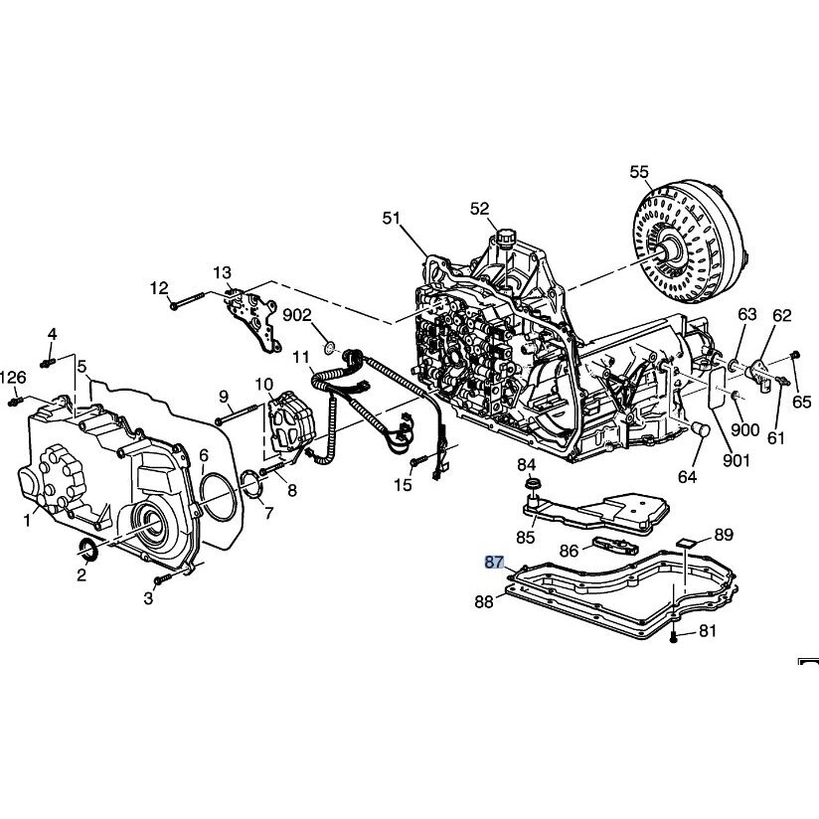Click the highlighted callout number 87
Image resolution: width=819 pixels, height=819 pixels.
click(x=494, y=563)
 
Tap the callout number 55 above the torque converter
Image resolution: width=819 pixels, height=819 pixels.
click(x=639, y=172)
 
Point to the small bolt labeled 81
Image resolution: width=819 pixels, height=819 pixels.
click(x=673, y=637)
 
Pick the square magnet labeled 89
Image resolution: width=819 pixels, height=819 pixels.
click(x=688, y=544)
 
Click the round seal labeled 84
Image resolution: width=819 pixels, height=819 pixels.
click(x=532, y=483)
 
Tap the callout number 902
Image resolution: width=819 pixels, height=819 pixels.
click(x=297, y=315)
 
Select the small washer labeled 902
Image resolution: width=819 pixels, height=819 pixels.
click(x=330, y=347)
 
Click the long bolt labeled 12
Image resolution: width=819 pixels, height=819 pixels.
click(x=187, y=300)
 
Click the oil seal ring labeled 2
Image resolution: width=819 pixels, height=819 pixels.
click(x=87, y=550)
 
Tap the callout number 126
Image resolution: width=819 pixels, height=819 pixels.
click(x=13, y=377)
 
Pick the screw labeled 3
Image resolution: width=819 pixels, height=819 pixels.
click(x=163, y=578)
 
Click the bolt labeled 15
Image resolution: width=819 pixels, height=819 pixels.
click(x=419, y=461)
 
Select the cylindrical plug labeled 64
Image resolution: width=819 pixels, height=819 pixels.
click(x=701, y=429)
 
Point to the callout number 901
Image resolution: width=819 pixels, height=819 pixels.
click(x=736, y=460)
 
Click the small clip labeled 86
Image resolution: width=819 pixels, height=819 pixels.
click(x=616, y=547)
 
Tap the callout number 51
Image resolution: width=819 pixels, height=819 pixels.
click(x=392, y=218)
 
